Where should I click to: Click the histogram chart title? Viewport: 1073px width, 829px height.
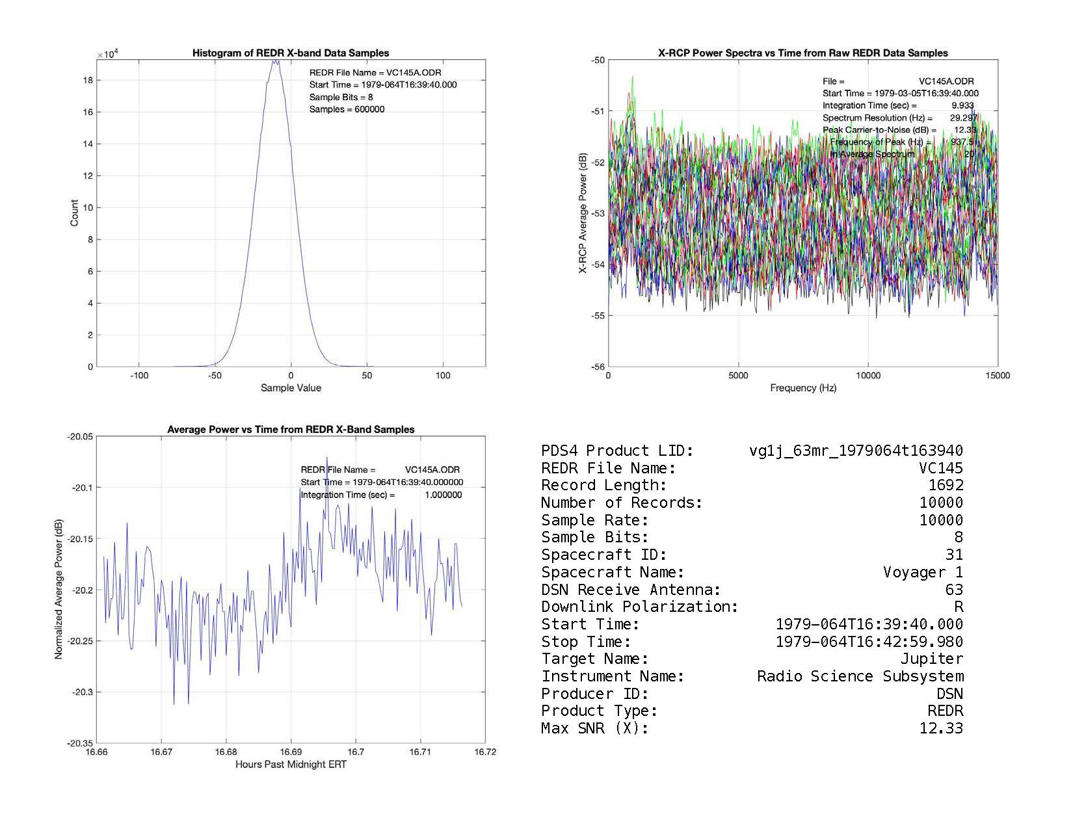(291, 53)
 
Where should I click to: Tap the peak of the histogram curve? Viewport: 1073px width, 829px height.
(275, 61)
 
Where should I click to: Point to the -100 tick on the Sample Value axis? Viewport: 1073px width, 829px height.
(139, 376)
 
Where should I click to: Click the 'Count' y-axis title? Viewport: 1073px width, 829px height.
(74, 213)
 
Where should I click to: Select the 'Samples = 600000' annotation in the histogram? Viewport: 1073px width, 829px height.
(347, 109)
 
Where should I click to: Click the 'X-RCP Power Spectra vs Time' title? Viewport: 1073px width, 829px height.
(803, 53)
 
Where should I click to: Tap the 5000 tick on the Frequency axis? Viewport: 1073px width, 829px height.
(738, 376)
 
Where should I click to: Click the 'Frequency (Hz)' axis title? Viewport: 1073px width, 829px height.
(803, 388)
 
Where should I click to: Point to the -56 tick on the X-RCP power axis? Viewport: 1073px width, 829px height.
(598, 367)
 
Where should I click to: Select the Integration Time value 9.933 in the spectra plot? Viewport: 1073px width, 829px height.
(962, 105)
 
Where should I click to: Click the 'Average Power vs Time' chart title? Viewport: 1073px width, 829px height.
(291, 430)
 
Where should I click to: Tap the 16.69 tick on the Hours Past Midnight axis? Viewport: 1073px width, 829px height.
(291, 752)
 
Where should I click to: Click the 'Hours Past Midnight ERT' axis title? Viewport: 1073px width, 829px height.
(291, 765)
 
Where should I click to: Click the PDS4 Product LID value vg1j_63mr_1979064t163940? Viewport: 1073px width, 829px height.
(856, 451)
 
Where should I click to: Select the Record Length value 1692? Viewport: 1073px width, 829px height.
(946, 485)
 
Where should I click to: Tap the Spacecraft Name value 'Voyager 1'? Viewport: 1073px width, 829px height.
(923, 572)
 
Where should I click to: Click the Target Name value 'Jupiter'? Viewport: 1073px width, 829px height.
(931, 659)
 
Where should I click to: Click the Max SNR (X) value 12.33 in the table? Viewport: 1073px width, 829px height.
(941, 728)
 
